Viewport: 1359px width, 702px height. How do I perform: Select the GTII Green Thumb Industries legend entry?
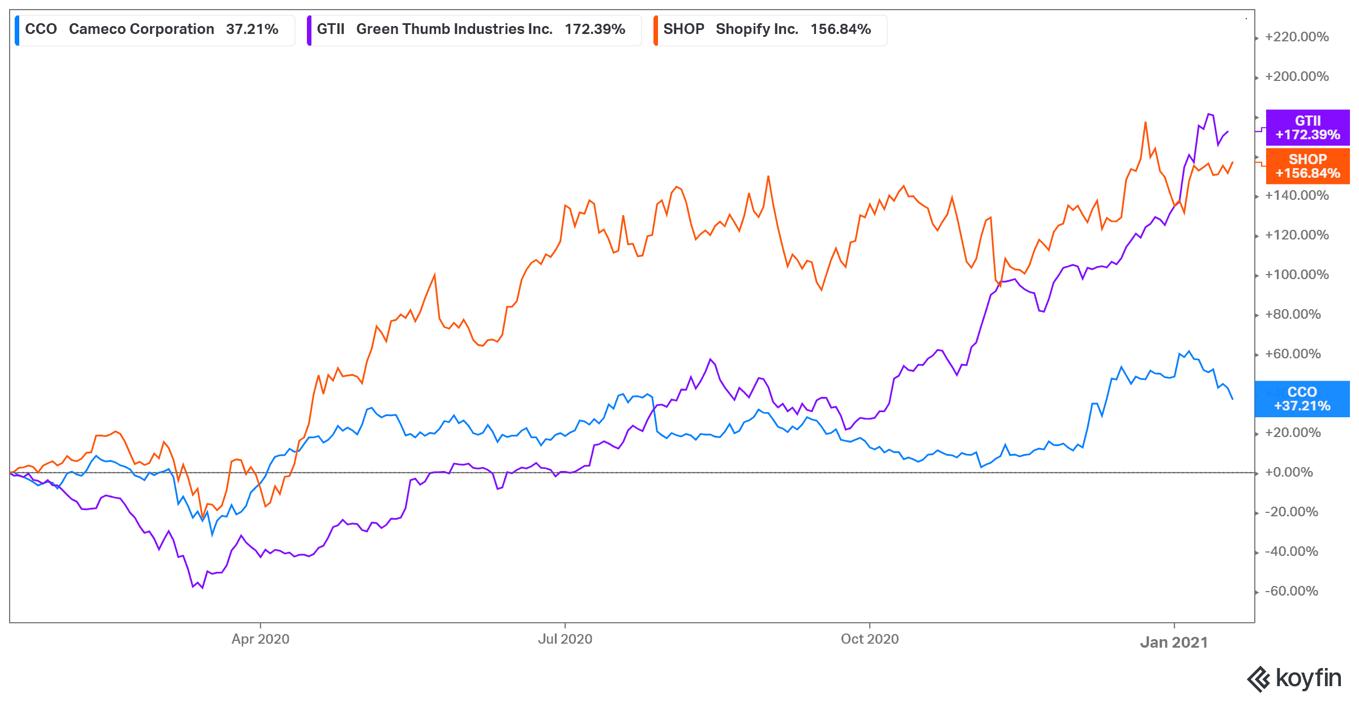point(473,29)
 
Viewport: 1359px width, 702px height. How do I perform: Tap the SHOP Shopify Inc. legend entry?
point(769,29)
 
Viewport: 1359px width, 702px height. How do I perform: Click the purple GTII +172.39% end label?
point(1307,128)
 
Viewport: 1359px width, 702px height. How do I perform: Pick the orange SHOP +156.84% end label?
point(1307,166)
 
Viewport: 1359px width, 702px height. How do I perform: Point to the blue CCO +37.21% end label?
point(1302,399)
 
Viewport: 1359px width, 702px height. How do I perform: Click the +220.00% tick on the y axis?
point(1297,37)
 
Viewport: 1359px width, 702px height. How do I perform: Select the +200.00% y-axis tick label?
point(1297,77)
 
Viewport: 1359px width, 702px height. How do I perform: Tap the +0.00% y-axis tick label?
point(1289,473)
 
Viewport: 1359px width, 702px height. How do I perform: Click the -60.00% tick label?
point(1291,592)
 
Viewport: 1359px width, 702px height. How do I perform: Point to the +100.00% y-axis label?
point(1297,275)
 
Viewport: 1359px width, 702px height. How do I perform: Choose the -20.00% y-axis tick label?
point(1291,512)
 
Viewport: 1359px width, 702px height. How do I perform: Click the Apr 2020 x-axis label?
point(260,639)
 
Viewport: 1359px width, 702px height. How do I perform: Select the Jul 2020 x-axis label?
point(565,639)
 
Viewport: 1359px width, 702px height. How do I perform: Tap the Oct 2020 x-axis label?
point(870,639)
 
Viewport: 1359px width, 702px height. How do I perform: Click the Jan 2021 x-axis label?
point(1174,643)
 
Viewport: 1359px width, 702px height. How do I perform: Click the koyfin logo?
point(1294,678)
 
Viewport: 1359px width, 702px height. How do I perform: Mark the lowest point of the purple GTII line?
point(202,588)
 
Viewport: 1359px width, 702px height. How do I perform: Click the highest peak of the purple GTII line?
point(1209,114)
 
